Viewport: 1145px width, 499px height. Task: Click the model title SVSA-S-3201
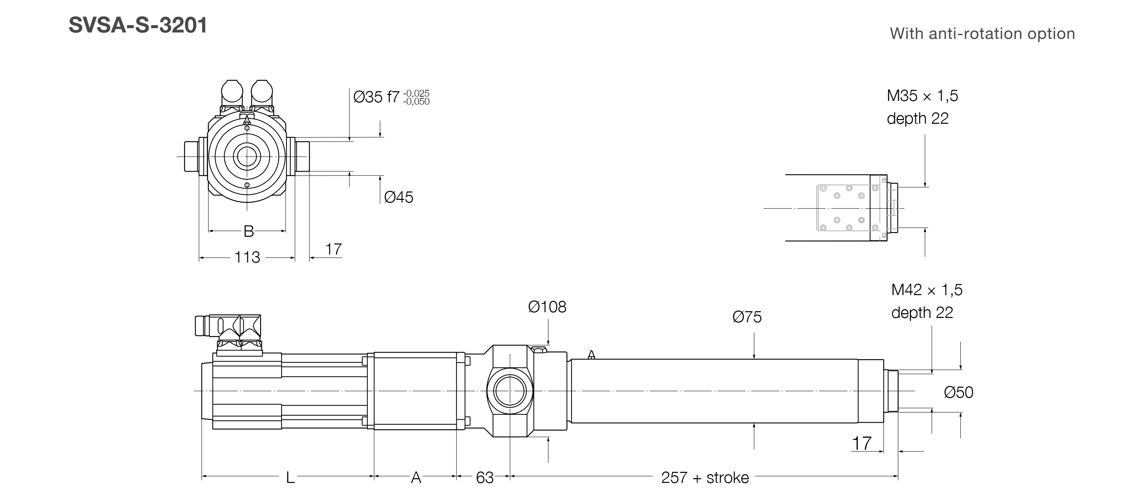coord(138,25)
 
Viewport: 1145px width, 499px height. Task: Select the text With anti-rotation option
coord(982,34)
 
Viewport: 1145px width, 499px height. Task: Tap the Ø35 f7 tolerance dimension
coord(391,97)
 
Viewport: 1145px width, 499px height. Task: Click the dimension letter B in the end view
coord(248,231)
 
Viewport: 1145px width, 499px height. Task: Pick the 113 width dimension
coord(247,258)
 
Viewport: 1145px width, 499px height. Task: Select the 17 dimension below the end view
coord(334,249)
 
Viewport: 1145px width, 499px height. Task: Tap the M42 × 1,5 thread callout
coord(926,290)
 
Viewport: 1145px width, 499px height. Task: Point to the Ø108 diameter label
coord(547,307)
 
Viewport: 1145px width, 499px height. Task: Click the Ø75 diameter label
coord(747,317)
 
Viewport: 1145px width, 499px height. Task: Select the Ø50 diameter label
coord(958,392)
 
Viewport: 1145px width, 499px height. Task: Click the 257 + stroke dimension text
coord(705,478)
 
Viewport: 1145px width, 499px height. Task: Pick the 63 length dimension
coord(484,478)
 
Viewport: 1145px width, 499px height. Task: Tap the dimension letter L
coord(290,478)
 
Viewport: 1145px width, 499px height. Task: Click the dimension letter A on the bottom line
coord(416,478)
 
